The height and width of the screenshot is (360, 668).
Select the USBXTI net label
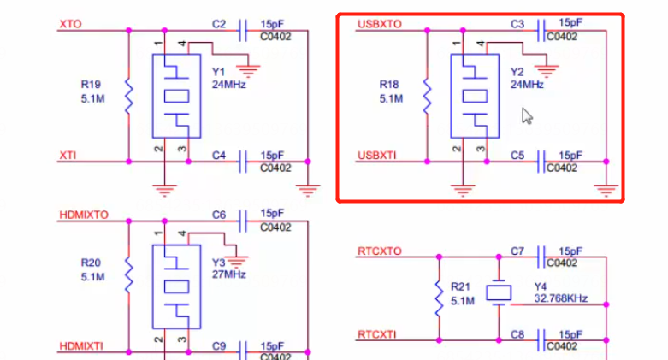coord(378,155)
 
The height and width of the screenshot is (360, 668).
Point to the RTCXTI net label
coord(379,333)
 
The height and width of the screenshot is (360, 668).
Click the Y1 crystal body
coord(176,96)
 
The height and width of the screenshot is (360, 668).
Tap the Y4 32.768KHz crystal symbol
coord(498,292)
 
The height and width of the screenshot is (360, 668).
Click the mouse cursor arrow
coord(527,116)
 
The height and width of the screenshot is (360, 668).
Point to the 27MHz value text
coord(228,274)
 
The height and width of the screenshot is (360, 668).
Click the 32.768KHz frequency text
coord(562,298)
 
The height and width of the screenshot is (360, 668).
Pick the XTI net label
coord(68,155)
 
